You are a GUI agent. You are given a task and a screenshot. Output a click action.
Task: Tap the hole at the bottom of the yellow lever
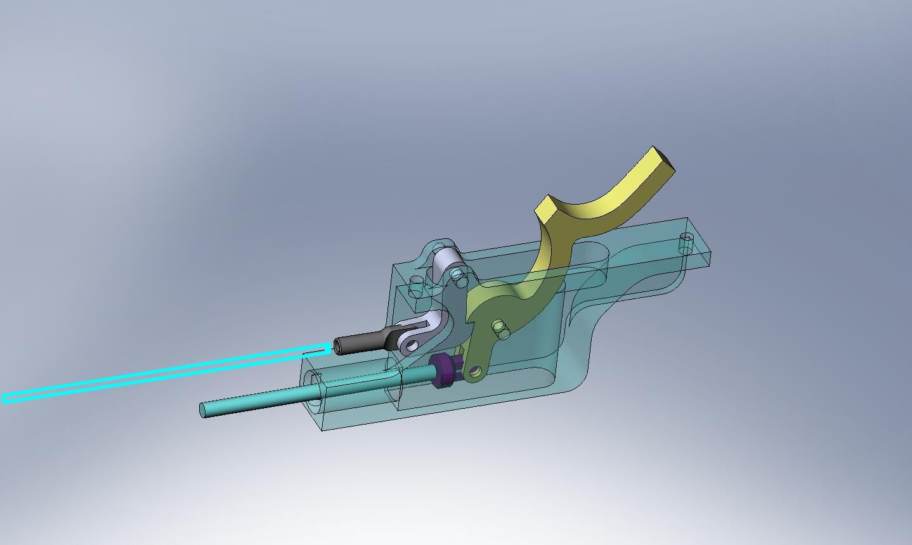point(475,370)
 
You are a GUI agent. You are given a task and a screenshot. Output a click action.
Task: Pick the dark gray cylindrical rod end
point(362,343)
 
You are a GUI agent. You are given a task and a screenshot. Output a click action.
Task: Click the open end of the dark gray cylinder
point(337,347)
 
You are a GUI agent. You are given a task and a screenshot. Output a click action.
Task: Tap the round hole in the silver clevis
point(412,346)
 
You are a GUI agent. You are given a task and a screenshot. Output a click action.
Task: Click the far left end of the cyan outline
point(5,398)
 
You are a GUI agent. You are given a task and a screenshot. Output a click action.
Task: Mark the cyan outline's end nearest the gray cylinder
point(327,347)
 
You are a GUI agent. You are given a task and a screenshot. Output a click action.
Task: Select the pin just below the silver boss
point(457,275)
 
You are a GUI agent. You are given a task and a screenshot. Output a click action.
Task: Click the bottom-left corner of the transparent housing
point(323,430)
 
